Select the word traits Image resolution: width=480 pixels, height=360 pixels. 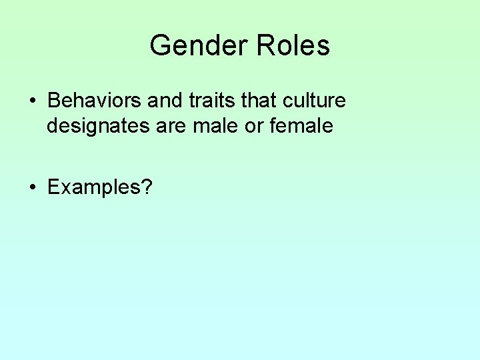(208, 101)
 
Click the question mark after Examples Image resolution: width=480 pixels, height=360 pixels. (147, 188)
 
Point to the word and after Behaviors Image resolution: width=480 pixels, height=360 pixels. (163, 101)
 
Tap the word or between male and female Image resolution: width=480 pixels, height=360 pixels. (254, 125)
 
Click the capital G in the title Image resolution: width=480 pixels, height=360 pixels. (161, 46)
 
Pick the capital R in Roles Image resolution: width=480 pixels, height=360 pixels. (266, 46)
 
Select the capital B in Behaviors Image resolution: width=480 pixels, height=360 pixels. (54, 101)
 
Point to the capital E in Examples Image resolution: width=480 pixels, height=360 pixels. (53, 188)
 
